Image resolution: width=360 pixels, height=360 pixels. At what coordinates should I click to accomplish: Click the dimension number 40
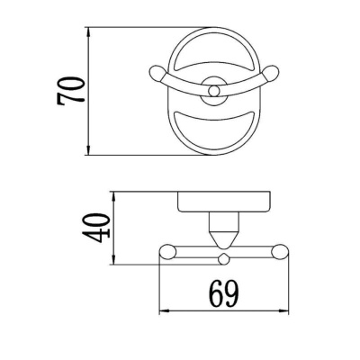[100, 229]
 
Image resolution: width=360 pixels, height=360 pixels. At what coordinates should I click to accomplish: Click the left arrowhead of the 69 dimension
[163, 311]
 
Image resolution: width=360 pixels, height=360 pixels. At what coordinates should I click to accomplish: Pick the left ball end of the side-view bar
[166, 255]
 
